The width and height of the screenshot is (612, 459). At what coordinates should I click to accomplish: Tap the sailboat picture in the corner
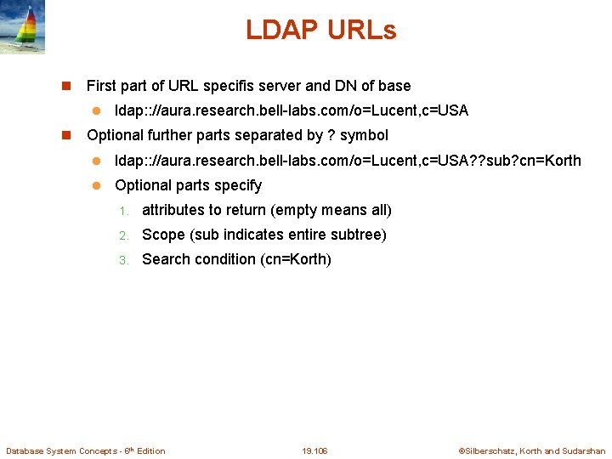tap(22, 27)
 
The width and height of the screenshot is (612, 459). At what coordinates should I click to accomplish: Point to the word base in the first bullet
tap(394, 86)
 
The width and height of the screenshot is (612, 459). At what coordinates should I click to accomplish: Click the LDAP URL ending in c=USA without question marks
tap(292, 110)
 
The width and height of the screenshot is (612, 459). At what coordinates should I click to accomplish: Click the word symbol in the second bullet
tap(364, 135)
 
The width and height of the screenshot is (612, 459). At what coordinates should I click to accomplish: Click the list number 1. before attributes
tap(122, 211)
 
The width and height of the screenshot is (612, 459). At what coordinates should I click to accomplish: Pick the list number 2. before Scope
tap(122, 235)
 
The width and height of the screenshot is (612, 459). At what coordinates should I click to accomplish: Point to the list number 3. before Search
tap(122, 260)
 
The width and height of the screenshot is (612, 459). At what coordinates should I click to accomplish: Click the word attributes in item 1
tap(173, 210)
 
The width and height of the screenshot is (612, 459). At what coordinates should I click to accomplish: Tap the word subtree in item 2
tap(361, 235)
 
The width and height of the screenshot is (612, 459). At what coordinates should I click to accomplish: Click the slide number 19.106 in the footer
tap(314, 450)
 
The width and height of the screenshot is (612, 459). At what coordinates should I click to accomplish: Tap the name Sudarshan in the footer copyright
tap(584, 450)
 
